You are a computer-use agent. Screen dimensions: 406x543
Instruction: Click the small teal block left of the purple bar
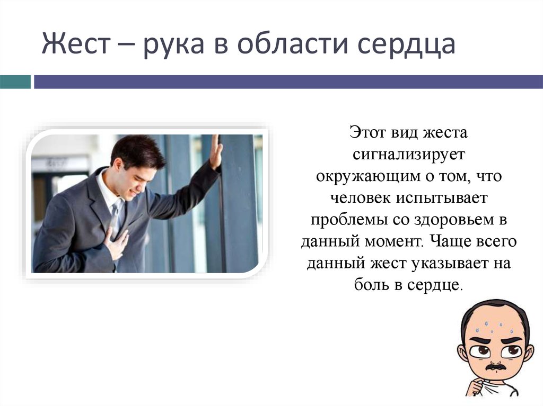15,82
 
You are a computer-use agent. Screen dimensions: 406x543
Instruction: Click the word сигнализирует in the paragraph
408,154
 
